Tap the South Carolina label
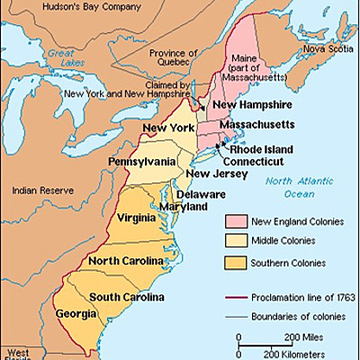pyautogui.click(x=126, y=298)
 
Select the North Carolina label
pyautogui.click(x=127, y=261)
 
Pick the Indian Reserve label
pyautogui.click(x=37, y=191)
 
